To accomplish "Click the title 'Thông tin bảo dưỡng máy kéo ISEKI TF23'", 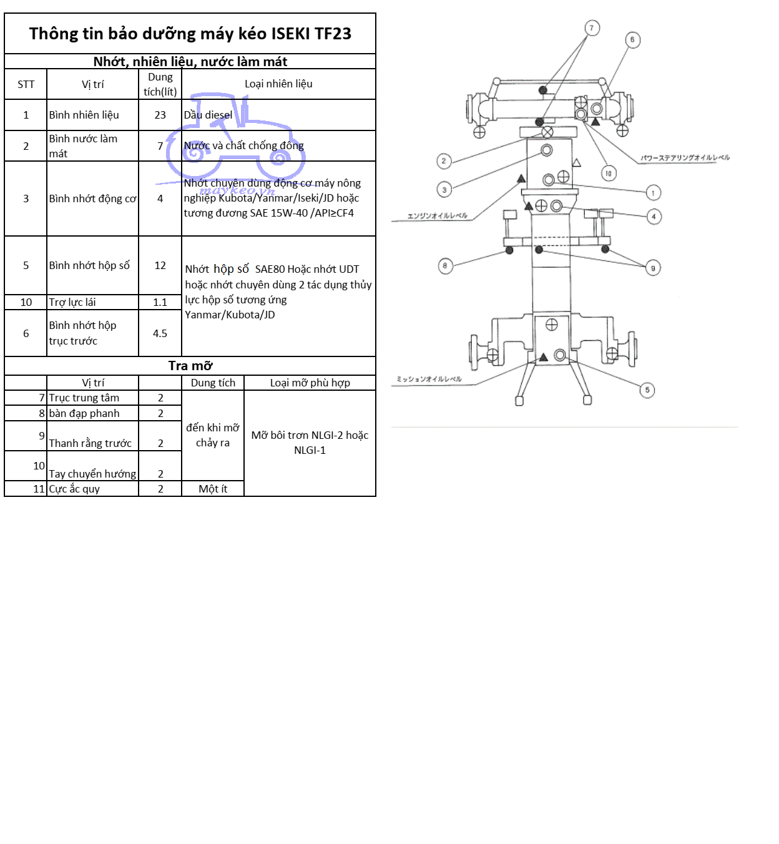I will pyautogui.click(x=190, y=34).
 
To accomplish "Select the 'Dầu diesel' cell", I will pyautogui.click(x=208, y=115).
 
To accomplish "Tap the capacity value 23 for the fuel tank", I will pyautogui.click(x=160, y=115).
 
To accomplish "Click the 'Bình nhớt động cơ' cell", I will pyautogui.click(x=92, y=199).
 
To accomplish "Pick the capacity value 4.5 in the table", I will pyautogui.click(x=160, y=333).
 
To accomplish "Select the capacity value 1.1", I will pyautogui.click(x=160, y=302).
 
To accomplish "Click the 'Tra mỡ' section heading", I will pyautogui.click(x=190, y=366).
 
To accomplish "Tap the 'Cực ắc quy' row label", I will pyautogui.click(x=74, y=489).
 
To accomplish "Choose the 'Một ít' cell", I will pyautogui.click(x=212, y=489).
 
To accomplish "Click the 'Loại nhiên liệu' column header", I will pyautogui.click(x=278, y=84).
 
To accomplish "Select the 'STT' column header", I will pyautogui.click(x=26, y=84).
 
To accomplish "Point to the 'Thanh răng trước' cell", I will pyautogui.click(x=91, y=443).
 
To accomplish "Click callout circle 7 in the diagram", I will pyautogui.click(x=592, y=28).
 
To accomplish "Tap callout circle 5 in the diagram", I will pyautogui.click(x=647, y=390).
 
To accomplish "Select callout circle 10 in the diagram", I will pyautogui.click(x=608, y=173).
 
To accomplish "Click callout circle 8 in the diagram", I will pyautogui.click(x=444, y=265).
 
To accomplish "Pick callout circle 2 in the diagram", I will pyautogui.click(x=444, y=161).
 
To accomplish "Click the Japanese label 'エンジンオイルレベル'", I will pyautogui.click(x=437, y=216).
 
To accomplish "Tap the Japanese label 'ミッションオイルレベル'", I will pyautogui.click(x=429, y=380).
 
